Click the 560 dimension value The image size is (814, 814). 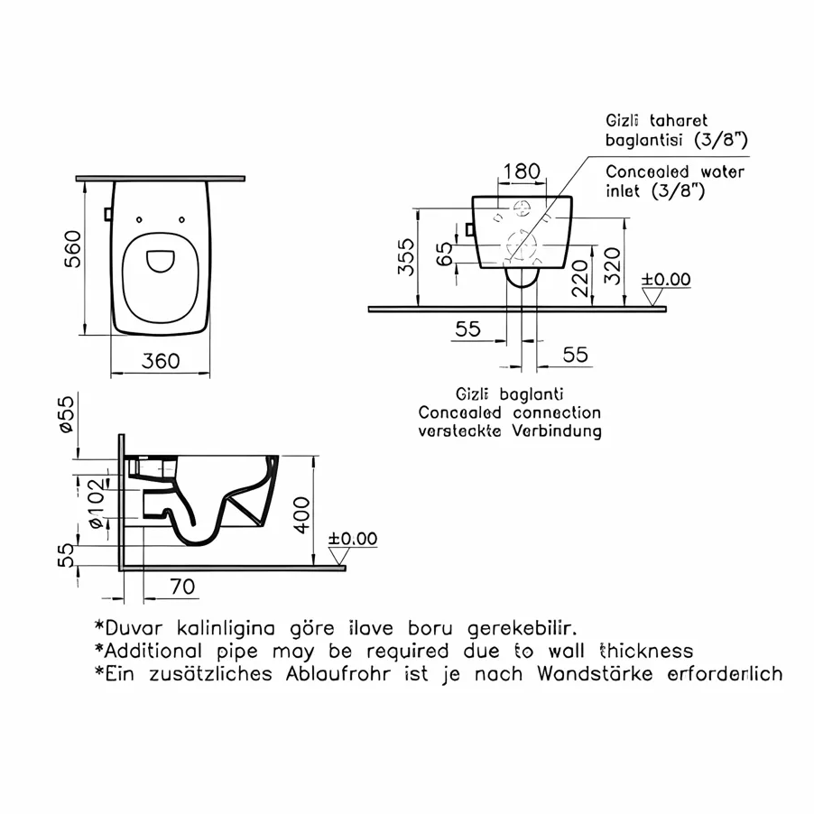73,250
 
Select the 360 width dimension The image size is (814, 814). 162,361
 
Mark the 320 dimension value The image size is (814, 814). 613,263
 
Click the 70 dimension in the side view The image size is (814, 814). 182,587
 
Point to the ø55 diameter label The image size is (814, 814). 66,417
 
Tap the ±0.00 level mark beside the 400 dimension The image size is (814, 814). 352,539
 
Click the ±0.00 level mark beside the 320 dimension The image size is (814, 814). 665,280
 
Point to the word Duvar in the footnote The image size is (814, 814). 136,627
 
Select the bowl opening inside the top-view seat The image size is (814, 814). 162,260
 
